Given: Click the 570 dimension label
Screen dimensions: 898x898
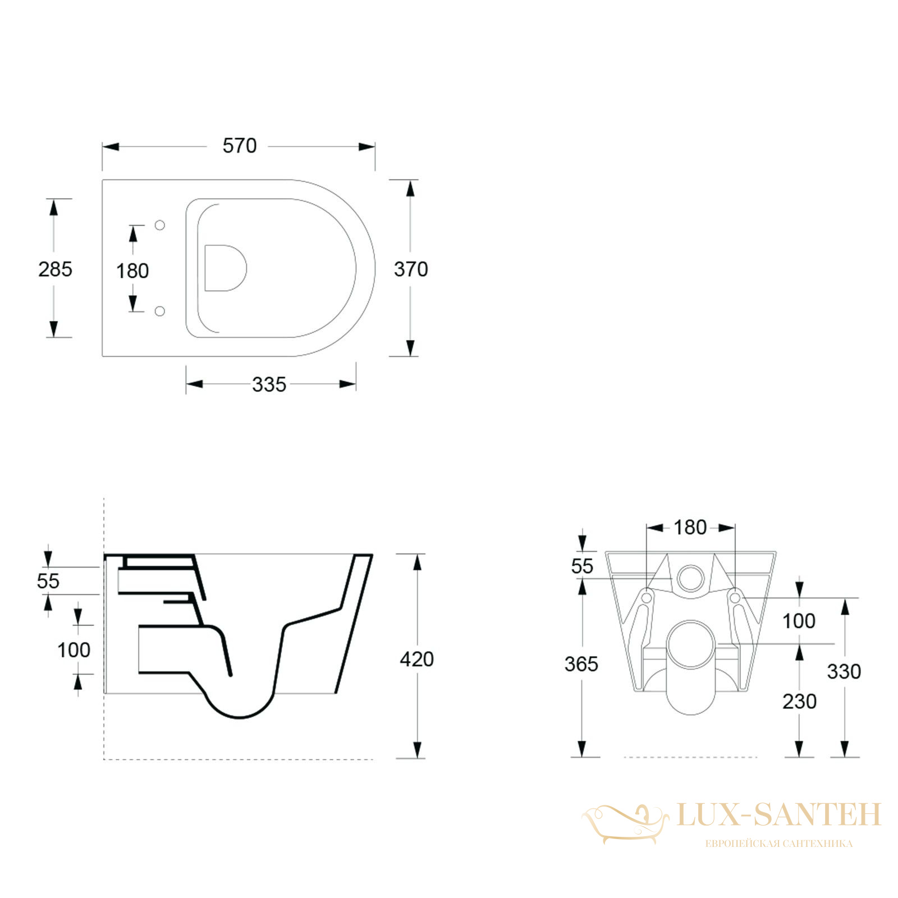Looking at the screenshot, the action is coord(240,146).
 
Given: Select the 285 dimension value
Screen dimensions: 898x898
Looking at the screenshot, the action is coord(55,269).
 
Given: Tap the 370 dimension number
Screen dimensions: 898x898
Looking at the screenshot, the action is coord(411,269).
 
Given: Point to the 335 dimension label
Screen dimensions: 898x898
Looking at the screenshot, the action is coord(269,384).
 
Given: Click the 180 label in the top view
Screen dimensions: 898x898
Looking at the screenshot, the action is coord(132,271).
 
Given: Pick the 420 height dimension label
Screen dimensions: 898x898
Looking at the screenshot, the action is coord(416,659).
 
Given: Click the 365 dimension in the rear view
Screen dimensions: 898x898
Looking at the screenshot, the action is coord(581,664).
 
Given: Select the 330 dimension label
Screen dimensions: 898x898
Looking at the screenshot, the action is coord(844,671).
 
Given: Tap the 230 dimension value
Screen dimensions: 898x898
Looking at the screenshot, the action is coord(799,701).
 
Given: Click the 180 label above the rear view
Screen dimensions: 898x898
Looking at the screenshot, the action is coord(690,528).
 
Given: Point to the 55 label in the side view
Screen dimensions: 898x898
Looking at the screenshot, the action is coord(48,581).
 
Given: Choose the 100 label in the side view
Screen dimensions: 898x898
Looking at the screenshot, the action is coord(74,650).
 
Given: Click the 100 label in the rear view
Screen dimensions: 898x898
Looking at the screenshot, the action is coord(799,621).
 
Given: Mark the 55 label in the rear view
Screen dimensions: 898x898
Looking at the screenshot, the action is coord(582,566).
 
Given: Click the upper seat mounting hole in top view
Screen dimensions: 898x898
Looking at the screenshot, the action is coord(160,225).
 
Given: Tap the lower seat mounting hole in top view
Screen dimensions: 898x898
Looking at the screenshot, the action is coord(160,311).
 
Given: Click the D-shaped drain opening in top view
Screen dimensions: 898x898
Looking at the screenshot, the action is coord(226,268).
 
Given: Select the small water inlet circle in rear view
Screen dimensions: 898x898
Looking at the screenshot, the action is coord(690,578).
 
